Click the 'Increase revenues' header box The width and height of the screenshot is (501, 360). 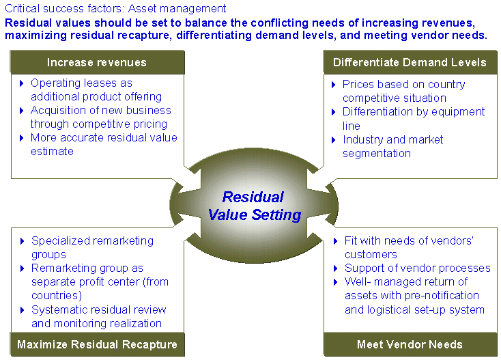tap(97, 63)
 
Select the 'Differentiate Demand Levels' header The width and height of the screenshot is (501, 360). tap(410, 63)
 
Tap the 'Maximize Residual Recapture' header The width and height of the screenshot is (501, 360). tap(97, 344)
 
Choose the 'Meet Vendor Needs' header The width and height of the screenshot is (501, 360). tap(410, 344)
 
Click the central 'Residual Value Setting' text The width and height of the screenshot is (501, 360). tap(254, 206)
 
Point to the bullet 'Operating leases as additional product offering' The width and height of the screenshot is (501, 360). tap(96, 89)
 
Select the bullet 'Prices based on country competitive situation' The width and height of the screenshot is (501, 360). tap(403, 91)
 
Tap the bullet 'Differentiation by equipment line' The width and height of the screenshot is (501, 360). tap(414, 118)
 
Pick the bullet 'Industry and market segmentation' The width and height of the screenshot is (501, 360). tap(392, 146)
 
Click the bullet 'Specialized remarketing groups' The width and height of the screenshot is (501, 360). tap(92, 247)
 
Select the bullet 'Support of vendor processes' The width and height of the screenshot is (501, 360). tap(417, 268)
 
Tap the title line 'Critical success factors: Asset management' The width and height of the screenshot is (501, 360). tap(115, 9)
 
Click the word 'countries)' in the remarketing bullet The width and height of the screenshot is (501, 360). tap(57, 295)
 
